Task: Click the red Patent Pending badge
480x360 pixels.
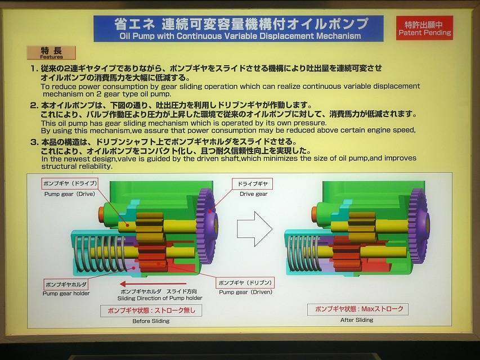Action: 424,28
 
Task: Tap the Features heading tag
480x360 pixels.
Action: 51,53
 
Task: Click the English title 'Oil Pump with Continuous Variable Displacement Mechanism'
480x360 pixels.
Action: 240,36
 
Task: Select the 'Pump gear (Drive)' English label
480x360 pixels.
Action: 69,194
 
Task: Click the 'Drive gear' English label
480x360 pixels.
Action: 253,194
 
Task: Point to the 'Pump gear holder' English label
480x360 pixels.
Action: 66,293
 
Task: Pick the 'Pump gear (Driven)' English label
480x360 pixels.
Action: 245,292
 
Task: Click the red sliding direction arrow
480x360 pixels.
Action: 153,283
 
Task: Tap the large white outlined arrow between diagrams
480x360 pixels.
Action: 254,229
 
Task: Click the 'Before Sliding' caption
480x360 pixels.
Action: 151,321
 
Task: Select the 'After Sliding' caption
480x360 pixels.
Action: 357,320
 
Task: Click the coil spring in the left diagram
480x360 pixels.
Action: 100,254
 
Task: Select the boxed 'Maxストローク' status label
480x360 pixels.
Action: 360,309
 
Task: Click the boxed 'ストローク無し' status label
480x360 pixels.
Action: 151,310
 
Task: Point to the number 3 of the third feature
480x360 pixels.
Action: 33,142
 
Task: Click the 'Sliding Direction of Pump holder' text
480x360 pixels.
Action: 160,298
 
